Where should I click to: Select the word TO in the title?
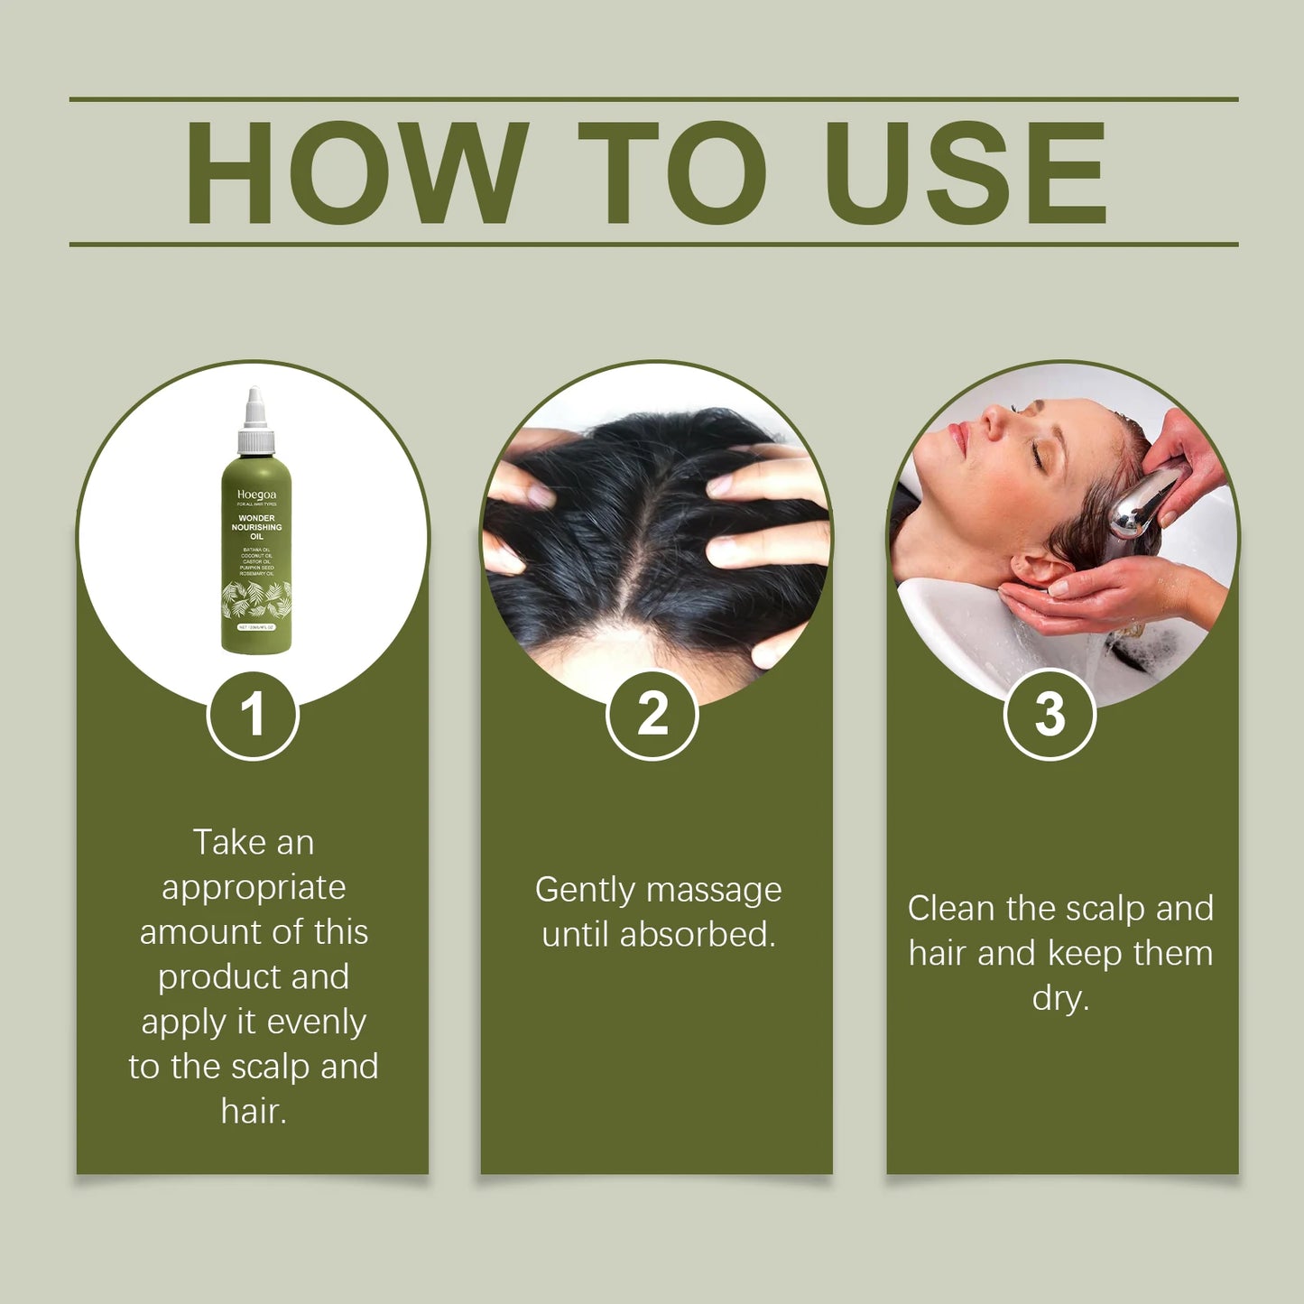[671, 172]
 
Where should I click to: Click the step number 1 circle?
[253, 715]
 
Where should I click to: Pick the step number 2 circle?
[652, 715]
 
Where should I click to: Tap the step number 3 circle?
[1050, 715]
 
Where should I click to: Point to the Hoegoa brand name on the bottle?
[256, 495]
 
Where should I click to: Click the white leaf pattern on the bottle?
[256, 599]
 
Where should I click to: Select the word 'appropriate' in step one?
[254, 888]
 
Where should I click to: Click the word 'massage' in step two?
[713, 891]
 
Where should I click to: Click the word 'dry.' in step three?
[1060, 999]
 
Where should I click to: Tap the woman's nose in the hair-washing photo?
[993, 419]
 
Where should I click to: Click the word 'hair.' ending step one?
[254, 1112]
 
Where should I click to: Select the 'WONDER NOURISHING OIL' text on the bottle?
[256, 527]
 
